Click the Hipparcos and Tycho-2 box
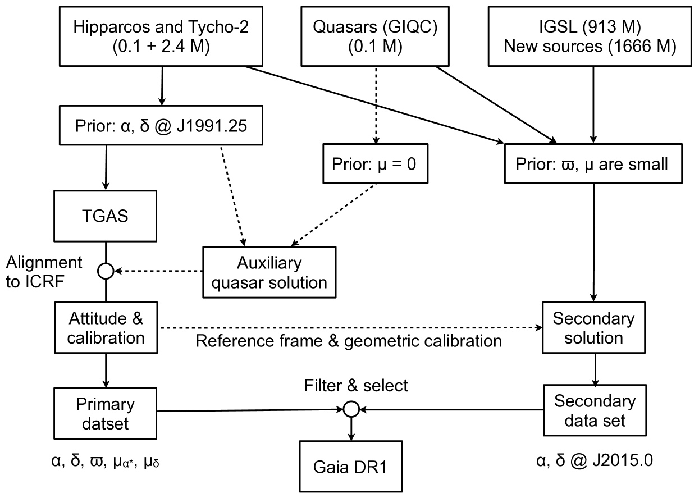tap(162, 35)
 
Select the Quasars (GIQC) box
tap(375, 35)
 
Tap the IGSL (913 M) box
tap(589, 35)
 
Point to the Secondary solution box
tap(594, 328)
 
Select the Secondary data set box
tap(594, 410)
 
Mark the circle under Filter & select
tap(351, 410)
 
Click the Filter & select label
tap(356, 386)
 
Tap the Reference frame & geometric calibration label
tap(348, 341)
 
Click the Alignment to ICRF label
tap(44, 271)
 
